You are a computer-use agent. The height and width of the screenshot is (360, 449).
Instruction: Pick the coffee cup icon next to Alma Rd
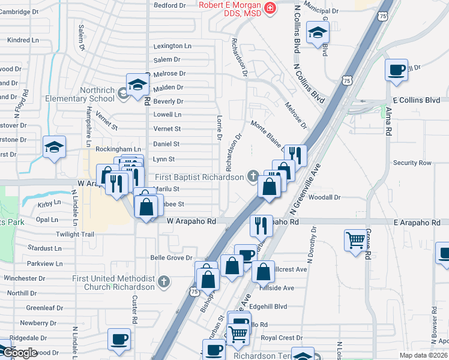[396, 70]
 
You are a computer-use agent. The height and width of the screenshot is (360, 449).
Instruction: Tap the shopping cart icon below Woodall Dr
[355, 241]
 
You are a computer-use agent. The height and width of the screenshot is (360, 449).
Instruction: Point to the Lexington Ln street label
[172, 46]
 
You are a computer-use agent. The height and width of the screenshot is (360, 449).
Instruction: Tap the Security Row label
[412, 163]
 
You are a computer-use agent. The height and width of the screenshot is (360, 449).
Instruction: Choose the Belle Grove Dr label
[170, 257]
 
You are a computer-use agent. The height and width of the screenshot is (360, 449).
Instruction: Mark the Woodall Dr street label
[325, 197]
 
